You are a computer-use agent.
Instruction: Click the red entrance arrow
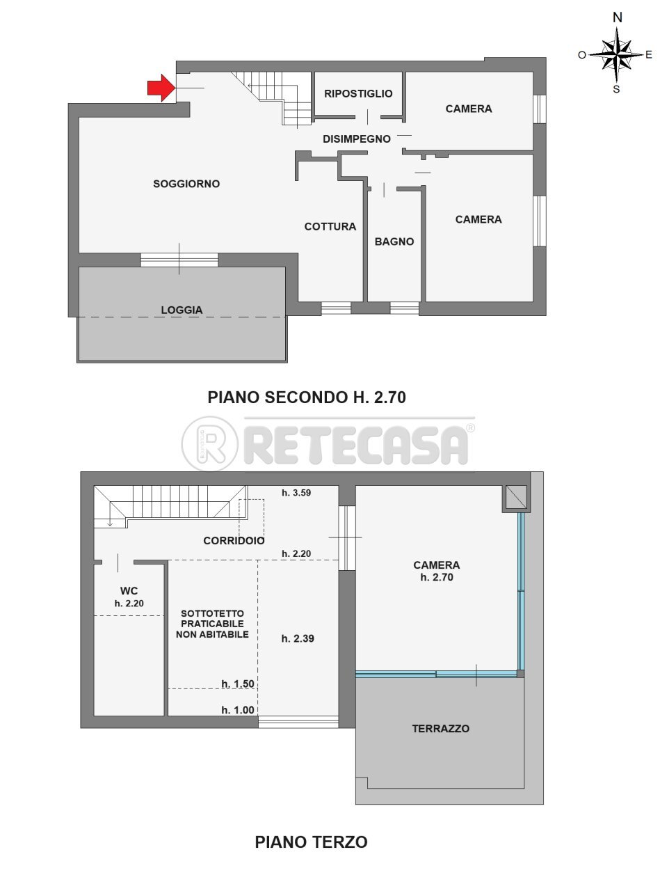pyautogui.click(x=160, y=88)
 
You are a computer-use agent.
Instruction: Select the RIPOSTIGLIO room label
pyautogui.click(x=358, y=93)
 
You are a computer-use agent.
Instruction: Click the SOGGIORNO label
pyautogui.click(x=186, y=184)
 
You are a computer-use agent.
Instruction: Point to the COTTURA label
pyautogui.click(x=330, y=226)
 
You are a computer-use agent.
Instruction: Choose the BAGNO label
pyautogui.click(x=394, y=242)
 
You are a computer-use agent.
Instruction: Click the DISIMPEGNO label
pyautogui.click(x=357, y=139)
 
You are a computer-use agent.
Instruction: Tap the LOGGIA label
pyautogui.click(x=182, y=310)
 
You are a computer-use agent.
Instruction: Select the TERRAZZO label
pyautogui.click(x=440, y=729)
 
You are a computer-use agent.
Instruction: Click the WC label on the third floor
pyautogui.click(x=129, y=591)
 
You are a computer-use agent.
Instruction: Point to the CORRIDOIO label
pyautogui.click(x=234, y=540)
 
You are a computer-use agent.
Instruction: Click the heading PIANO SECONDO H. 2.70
pyautogui.click(x=306, y=397)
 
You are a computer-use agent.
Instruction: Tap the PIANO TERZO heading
pyautogui.click(x=311, y=842)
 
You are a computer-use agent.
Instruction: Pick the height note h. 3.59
pyautogui.click(x=296, y=493)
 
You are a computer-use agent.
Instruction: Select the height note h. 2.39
pyautogui.click(x=298, y=638)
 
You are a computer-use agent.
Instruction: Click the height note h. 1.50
pyautogui.click(x=238, y=684)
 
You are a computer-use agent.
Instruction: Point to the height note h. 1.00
pyautogui.click(x=238, y=710)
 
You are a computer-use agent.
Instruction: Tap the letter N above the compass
pyautogui.click(x=617, y=18)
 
